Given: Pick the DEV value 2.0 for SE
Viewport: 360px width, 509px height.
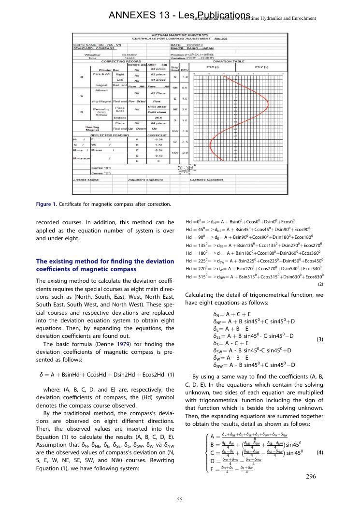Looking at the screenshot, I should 184,109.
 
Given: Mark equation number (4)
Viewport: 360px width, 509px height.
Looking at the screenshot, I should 319,453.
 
